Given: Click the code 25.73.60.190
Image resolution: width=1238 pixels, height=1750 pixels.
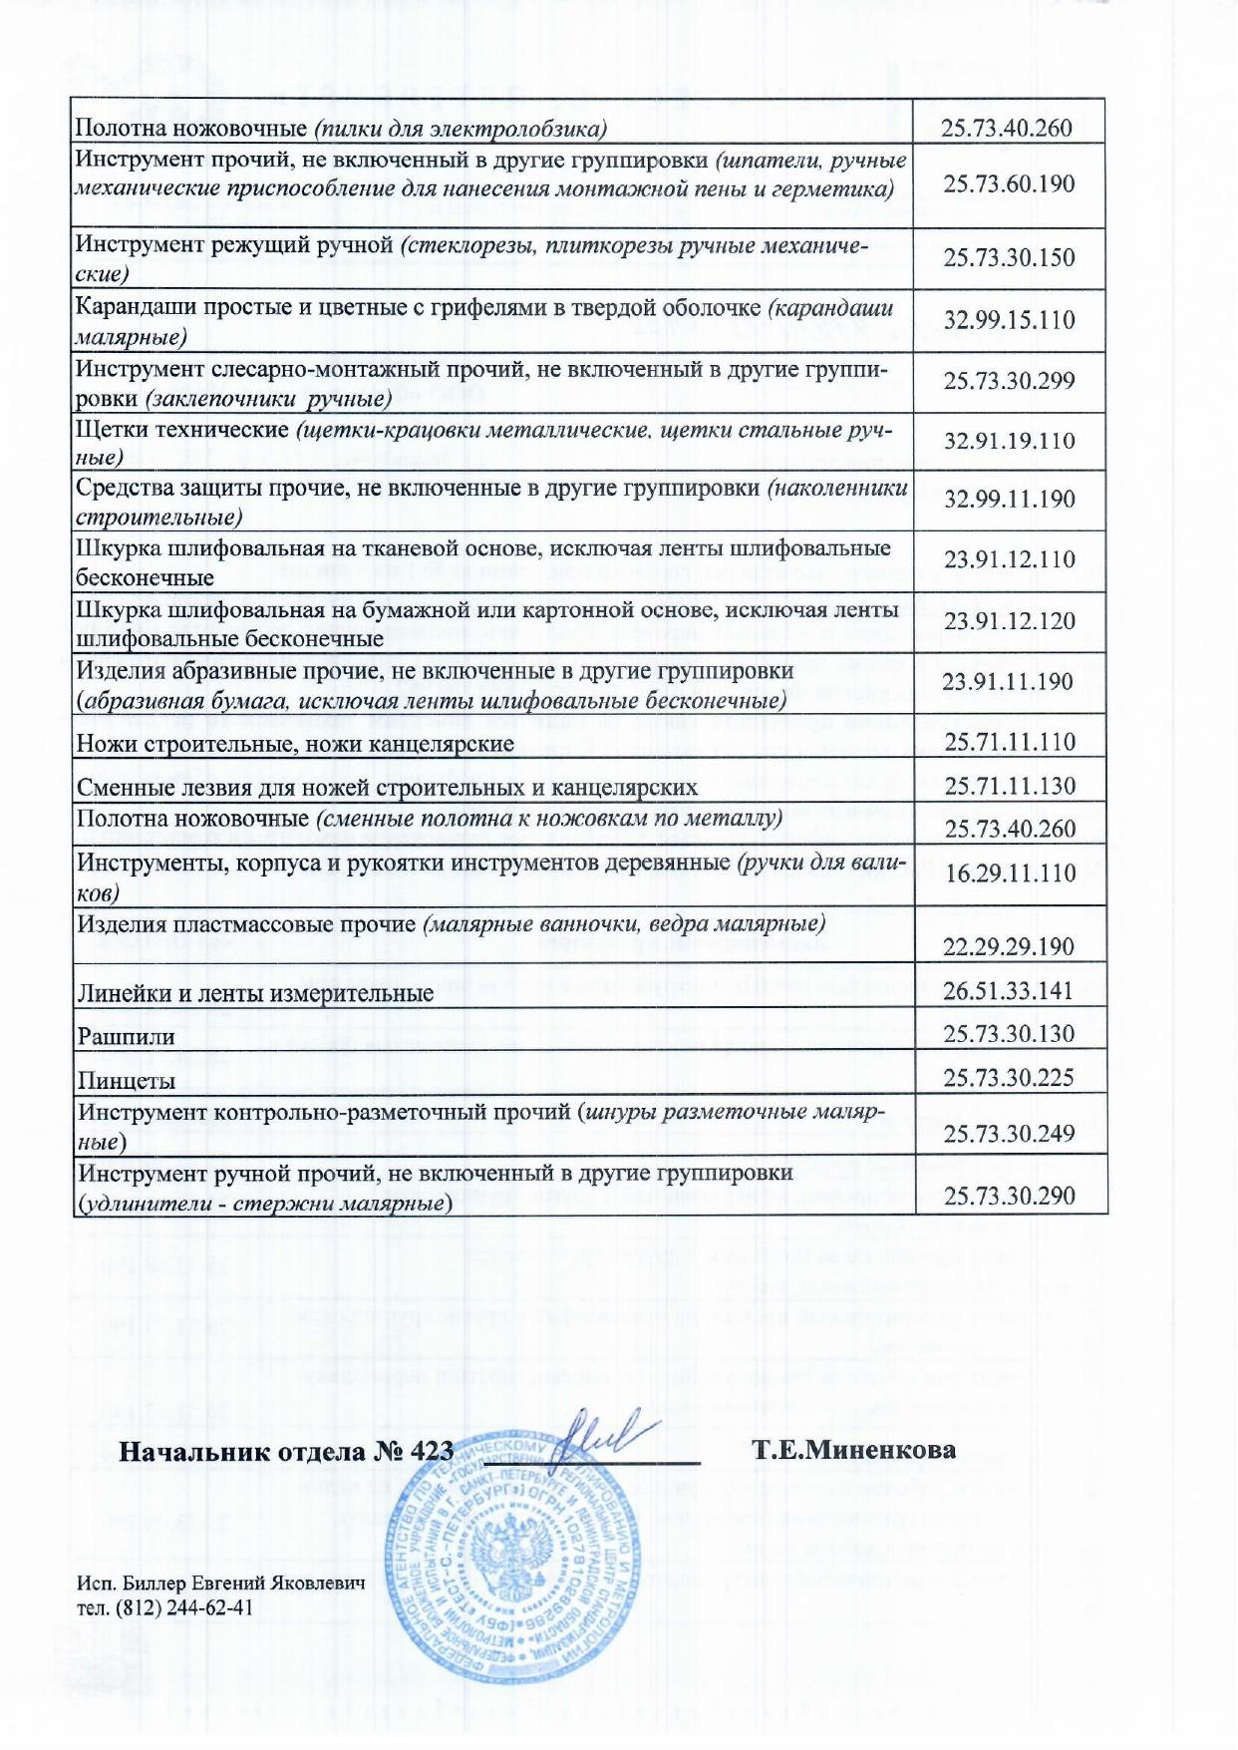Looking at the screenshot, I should point(1009,184).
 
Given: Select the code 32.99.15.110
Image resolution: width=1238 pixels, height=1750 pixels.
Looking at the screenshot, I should point(1009,321).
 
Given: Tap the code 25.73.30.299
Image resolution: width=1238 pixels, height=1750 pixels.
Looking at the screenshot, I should point(1009,381).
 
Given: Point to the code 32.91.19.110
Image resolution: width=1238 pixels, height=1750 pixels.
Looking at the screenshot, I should point(1009,442).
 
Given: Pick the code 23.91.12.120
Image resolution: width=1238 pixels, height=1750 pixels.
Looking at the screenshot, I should point(1009,621).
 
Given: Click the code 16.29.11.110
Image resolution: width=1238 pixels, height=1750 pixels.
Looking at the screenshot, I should point(1009,874).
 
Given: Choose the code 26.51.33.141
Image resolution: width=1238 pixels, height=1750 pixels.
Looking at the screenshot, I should point(1009,990).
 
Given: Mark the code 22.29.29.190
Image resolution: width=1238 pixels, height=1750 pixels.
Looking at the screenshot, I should point(1009,946).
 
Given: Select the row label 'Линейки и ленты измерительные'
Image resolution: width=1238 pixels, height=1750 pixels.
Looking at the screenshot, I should point(255,993).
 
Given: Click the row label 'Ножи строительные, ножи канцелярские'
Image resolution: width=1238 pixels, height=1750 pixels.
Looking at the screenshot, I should point(295,744).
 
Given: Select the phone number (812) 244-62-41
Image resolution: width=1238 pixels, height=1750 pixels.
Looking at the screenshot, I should point(183,1607).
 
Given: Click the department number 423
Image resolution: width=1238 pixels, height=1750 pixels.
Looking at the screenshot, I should point(431,1451).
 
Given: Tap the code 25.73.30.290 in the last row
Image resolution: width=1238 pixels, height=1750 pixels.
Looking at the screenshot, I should point(1009,1196).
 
